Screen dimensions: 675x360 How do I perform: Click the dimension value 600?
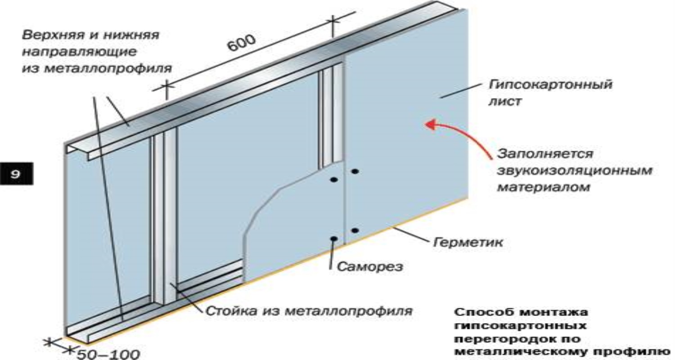[241, 43]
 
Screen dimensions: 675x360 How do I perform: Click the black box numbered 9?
[17, 174]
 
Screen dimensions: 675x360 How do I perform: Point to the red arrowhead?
[432, 124]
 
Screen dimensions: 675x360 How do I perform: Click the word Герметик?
[468, 242]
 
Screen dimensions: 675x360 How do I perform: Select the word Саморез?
[369, 266]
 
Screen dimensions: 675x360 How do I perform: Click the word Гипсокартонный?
[550, 85]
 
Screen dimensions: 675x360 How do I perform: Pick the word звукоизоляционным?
[574, 171]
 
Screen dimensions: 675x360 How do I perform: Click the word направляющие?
[79, 52]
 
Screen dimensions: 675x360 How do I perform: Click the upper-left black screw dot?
[333, 180]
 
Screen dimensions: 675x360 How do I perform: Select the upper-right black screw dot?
[355, 171]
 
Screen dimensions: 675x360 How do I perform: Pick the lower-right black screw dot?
[355, 230]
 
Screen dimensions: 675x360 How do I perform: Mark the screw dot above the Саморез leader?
[333, 238]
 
